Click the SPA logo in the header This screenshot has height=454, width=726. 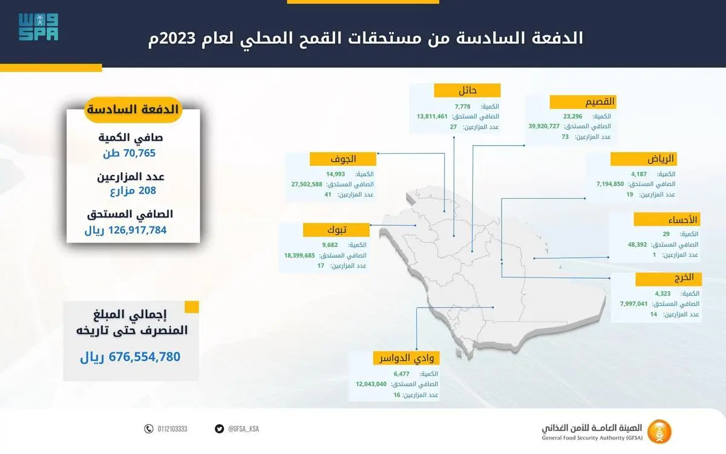[38, 27]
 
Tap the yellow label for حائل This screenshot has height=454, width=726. [467, 90]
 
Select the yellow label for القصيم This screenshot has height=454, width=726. [583, 102]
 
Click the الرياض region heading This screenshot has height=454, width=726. [644, 159]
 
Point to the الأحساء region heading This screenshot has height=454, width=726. [667, 220]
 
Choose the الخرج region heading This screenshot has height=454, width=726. [669, 279]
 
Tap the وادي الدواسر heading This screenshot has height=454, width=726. [407, 358]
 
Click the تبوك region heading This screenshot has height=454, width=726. [336, 229]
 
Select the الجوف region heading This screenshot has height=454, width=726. [343, 159]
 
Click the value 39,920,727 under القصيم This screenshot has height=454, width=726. [544, 126]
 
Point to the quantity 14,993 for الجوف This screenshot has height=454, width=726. [335, 174]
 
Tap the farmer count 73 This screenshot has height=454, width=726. [565, 137]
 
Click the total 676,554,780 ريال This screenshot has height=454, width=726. [130, 357]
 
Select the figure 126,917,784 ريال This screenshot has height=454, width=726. [125, 230]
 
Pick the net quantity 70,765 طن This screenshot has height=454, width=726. [129, 153]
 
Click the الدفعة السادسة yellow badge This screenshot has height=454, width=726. [133, 110]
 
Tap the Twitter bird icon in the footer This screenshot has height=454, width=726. [219, 429]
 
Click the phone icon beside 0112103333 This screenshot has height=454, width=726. [148, 429]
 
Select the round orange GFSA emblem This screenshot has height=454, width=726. [659, 432]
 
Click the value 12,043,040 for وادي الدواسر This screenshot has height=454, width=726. [371, 384]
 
